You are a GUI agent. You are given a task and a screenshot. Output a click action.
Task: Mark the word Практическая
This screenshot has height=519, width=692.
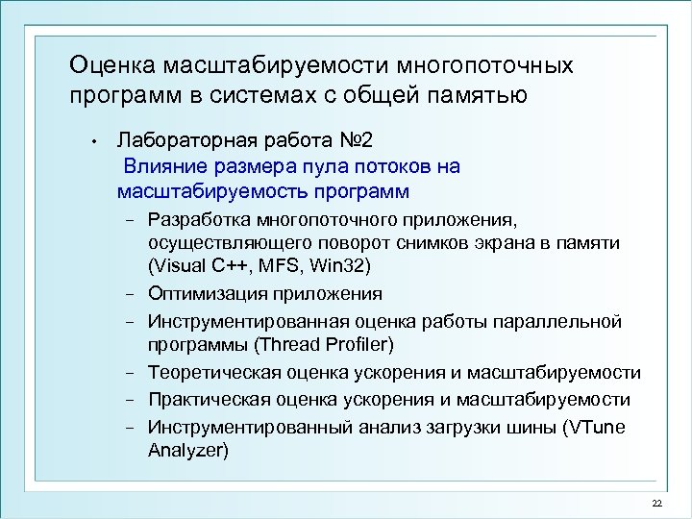pyautogui.click(x=207, y=399)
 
